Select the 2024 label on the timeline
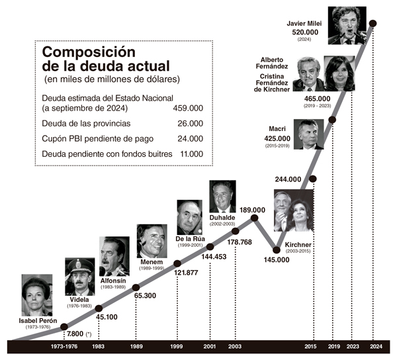[375, 346]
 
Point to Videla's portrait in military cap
[80, 277]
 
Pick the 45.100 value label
[107, 316]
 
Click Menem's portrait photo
[152, 241]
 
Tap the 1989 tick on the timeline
[136, 346]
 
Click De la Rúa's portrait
[189, 217]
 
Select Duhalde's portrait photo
[222, 197]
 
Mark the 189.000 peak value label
[253, 210]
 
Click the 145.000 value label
[277, 259]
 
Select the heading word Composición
[89, 52]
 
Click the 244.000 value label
[288, 179]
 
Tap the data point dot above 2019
[332, 120]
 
